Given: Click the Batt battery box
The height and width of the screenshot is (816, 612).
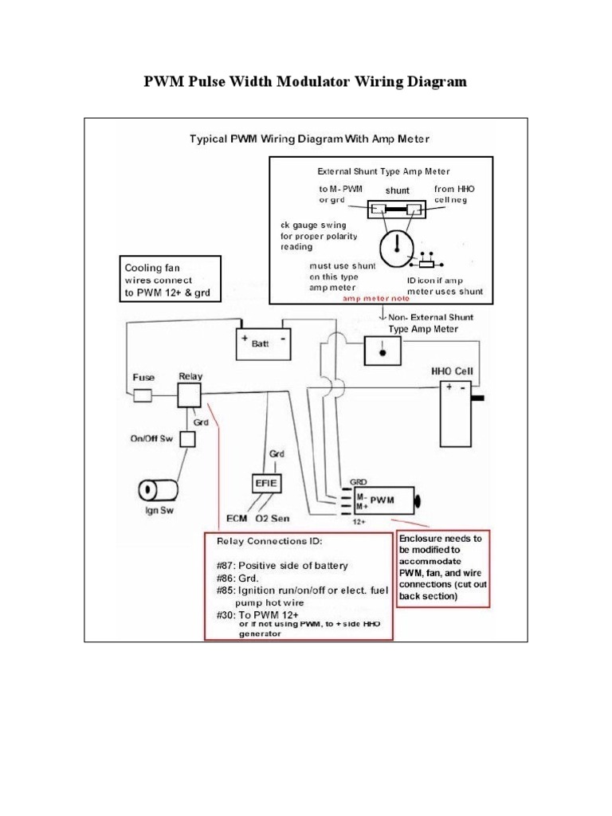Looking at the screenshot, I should pyautogui.click(x=262, y=344).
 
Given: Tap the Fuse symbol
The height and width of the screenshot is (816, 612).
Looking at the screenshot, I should pyautogui.click(x=144, y=395).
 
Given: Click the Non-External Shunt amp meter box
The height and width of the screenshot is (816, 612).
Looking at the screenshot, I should pyautogui.click(x=383, y=350).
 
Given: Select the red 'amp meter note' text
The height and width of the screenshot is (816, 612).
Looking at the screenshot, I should pyautogui.click(x=375, y=300).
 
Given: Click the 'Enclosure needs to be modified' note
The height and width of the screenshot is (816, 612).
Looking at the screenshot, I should pyautogui.click(x=441, y=567).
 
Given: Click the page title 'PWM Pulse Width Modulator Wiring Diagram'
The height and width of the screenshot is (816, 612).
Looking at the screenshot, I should pyautogui.click(x=304, y=82).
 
